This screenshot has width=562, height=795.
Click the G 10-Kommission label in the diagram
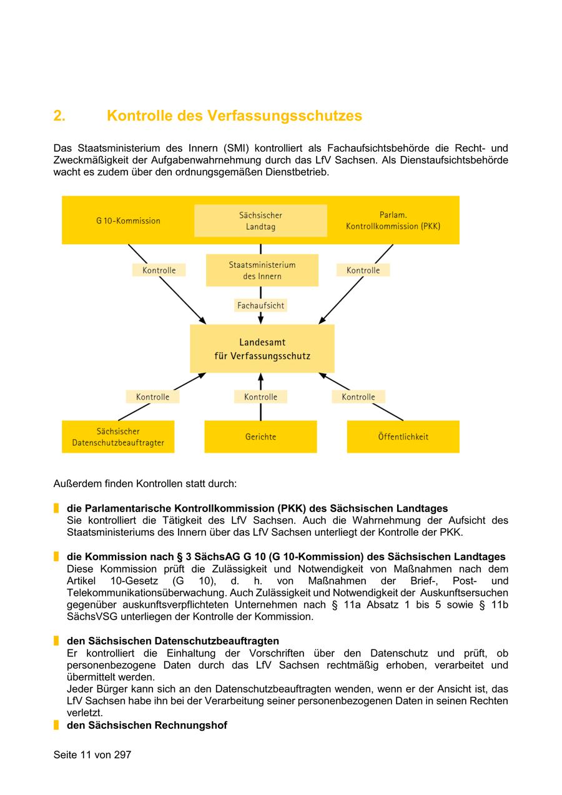(x=128, y=220)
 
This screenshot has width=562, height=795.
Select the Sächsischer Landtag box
(x=260, y=221)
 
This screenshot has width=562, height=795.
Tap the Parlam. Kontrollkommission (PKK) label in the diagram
(x=393, y=220)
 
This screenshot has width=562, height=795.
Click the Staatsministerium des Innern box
(x=262, y=270)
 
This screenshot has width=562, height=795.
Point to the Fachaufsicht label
(x=260, y=305)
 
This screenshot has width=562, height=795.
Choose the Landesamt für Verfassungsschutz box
(x=262, y=349)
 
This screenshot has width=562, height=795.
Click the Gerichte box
(x=260, y=437)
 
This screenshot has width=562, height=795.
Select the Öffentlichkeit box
(x=403, y=437)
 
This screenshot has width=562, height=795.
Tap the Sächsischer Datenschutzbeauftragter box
(x=118, y=437)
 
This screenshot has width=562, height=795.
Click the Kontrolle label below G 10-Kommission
(x=159, y=270)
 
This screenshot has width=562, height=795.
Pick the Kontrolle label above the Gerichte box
(x=260, y=397)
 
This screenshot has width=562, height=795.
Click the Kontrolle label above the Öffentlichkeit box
(x=358, y=397)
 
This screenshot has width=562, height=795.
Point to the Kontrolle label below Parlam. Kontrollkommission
(x=363, y=270)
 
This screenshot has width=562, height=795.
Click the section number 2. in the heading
(x=59, y=116)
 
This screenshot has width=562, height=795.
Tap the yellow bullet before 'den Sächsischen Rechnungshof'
(x=56, y=725)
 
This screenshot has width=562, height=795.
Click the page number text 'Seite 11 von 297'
(x=92, y=754)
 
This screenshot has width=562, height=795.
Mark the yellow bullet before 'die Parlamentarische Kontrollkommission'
(x=56, y=508)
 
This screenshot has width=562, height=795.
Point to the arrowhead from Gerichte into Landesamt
(x=260, y=377)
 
